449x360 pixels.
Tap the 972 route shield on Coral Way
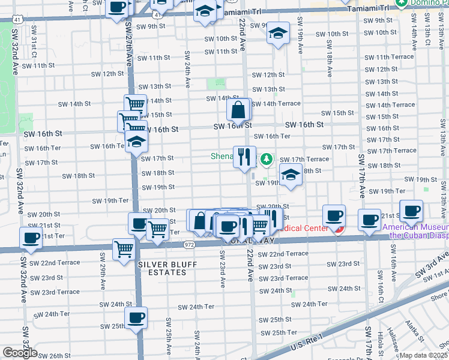[x=188, y=245]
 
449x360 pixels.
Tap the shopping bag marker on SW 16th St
[x=239, y=110]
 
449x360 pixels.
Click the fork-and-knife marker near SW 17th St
[x=244, y=157]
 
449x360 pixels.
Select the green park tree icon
[x=265, y=160]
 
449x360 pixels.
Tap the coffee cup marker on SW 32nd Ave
[x=31, y=238]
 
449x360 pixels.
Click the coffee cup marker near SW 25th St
[x=136, y=317]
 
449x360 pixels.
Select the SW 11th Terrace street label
[x=389, y=56]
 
